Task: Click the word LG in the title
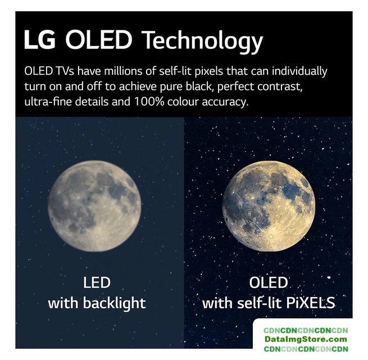40,39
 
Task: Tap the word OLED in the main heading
98,39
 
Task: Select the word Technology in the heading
202,42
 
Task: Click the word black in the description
199,86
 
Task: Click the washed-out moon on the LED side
94,206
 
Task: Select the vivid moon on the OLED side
269,206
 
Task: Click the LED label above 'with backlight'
97,282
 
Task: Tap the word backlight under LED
114,303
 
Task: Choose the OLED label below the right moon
269,282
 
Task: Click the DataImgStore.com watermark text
306,339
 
